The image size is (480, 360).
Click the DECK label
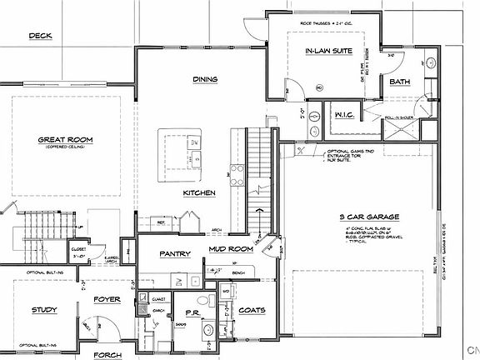(x=40, y=36)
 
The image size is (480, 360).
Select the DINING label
(x=205, y=79)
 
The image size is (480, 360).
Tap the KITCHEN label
(x=200, y=193)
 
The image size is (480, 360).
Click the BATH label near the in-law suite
(x=399, y=82)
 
